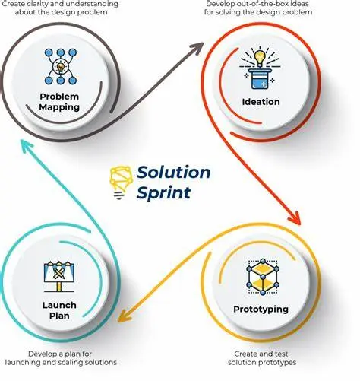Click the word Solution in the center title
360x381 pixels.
coord(174,173)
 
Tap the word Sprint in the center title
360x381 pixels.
coord(163,193)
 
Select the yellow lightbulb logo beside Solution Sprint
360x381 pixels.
coord(121,183)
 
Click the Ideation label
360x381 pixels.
coord(261,102)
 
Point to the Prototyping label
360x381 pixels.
coord(261,310)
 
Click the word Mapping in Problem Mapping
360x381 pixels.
coord(59,107)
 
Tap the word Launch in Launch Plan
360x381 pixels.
coord(59,305)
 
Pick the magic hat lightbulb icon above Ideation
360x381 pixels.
coord(260,68)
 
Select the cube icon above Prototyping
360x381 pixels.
coord(263,277)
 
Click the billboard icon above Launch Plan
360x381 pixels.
coord(59,276)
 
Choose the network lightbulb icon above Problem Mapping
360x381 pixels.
coord(61,67)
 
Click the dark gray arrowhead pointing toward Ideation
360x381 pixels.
coord(197,48)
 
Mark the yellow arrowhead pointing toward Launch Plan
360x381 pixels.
coord(124,317)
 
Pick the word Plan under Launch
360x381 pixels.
coord(59,316)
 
